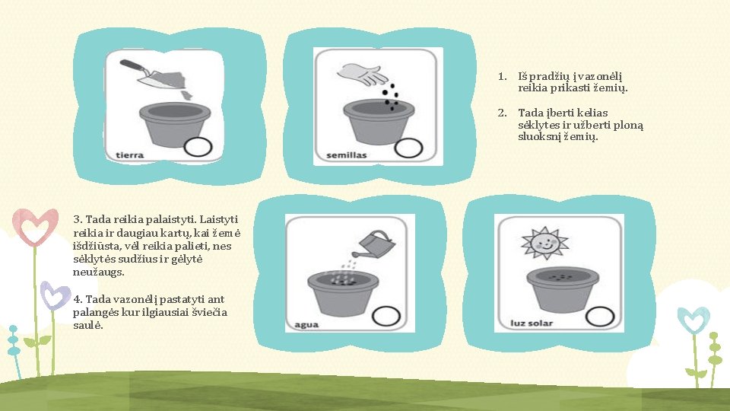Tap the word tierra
(129, 155)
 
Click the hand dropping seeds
(362, 75)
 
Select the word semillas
(347, 155)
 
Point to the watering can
(374, 244)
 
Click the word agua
(306, 325)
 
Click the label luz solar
(532, 323)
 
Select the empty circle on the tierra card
(198, 147)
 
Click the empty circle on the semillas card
(408, 148)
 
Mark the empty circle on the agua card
(386, 316)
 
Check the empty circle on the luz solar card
(600, 317)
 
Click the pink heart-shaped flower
(36, 227)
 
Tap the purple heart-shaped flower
(55, 295)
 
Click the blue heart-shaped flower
(693, 320)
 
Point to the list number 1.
(502, 76)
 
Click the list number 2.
(502, 113)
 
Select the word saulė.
(88, 325)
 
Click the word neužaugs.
(99, 272)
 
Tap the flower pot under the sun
(563, 290)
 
